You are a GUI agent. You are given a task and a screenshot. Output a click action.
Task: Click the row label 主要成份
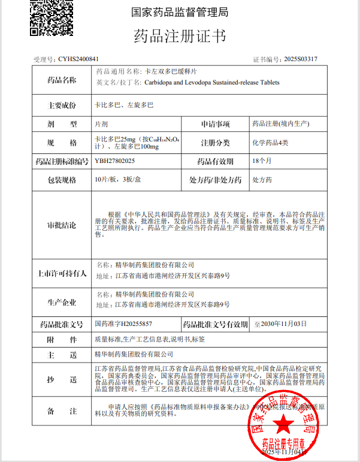62,105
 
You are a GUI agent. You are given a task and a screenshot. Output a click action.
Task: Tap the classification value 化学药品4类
271,143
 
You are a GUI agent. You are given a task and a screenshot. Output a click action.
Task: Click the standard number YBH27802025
115,161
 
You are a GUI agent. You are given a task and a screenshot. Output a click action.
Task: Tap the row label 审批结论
62,225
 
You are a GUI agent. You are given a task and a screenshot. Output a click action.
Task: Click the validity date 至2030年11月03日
280,324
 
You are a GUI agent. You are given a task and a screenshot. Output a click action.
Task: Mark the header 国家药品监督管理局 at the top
179,12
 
